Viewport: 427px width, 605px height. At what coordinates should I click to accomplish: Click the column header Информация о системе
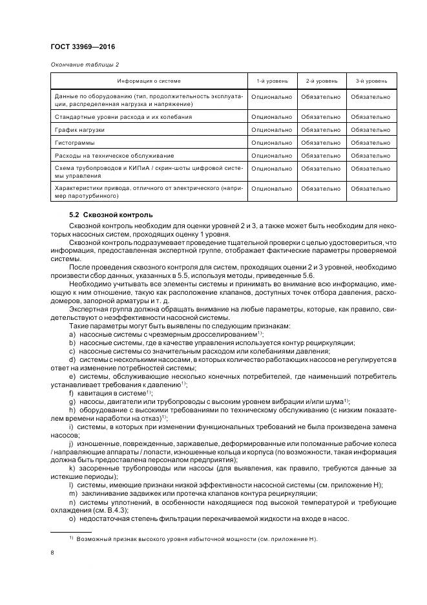149,81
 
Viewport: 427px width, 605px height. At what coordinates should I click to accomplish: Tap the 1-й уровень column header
271,81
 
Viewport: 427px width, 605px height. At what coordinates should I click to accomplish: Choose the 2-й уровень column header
320,81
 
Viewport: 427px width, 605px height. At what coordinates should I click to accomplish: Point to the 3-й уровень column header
371,81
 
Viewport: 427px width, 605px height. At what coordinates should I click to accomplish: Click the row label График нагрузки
79,130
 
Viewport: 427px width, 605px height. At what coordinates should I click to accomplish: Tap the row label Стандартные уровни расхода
123,117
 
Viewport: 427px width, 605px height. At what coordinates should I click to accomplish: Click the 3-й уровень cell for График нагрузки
370,130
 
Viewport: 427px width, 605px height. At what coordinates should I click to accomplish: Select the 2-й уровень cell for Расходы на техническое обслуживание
320,155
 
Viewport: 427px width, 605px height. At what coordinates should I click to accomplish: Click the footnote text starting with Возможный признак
194,538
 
